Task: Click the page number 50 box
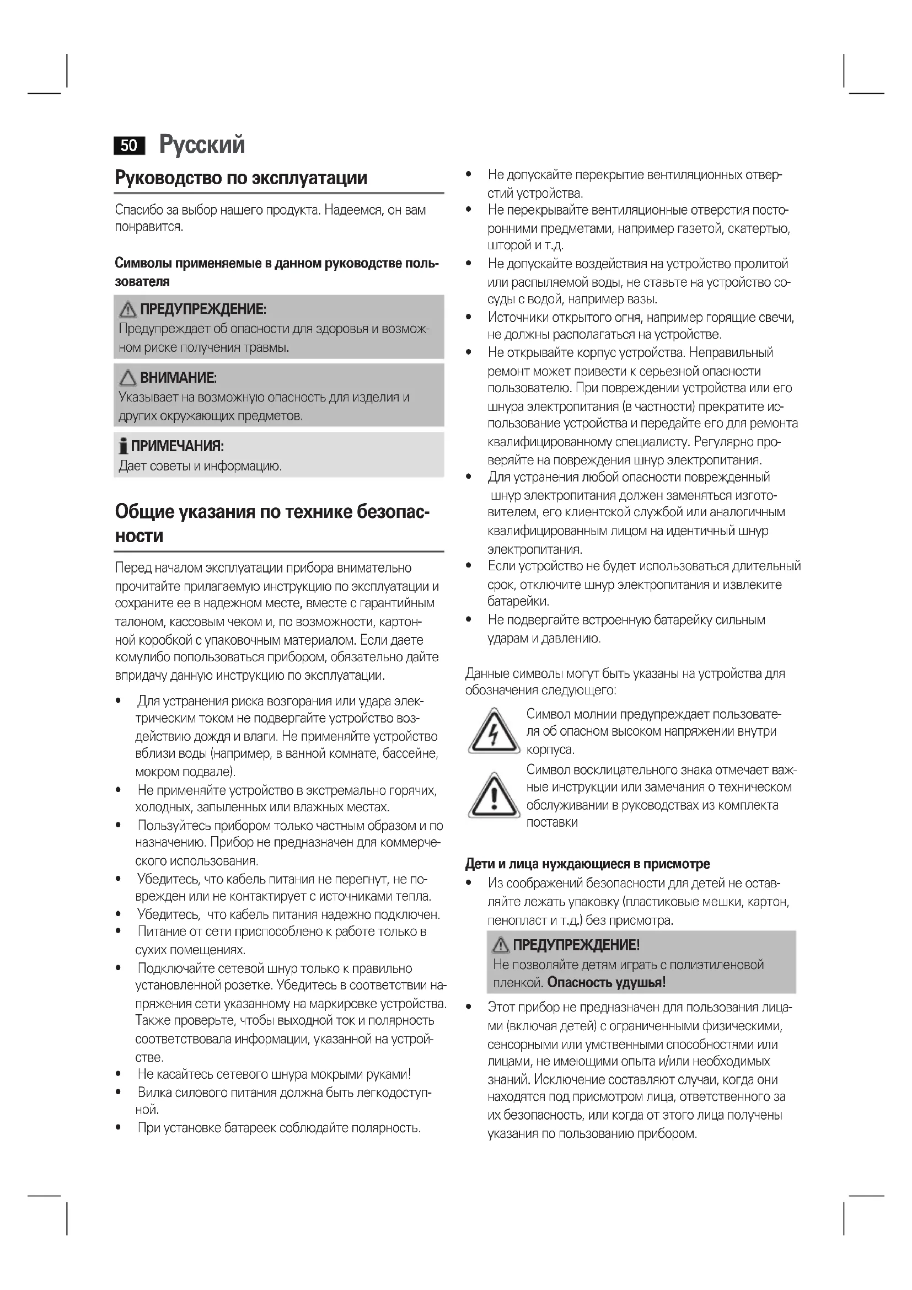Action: coord(128,146)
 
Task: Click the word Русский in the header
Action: coord(202,144)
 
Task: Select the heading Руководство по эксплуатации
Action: coord(241,178)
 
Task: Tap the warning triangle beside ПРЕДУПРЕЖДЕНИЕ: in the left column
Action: coord(128,309)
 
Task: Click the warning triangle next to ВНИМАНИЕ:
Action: coord(128,378)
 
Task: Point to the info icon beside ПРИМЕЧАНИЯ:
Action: coord(123,447)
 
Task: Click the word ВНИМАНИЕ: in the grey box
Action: coord(178,378)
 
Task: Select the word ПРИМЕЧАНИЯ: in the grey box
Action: coord(178,447)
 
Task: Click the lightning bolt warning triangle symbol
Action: coord(493,732)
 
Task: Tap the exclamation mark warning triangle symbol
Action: coord(493,796)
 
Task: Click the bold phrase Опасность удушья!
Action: coord(607,983)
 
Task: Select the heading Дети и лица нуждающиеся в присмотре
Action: coord(587,864)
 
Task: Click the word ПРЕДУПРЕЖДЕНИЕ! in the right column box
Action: coord(576,945)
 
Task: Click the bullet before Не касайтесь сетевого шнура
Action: coord(119,1074)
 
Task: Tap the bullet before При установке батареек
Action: coord(119,1128)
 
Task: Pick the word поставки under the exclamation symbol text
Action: coord(551,822)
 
